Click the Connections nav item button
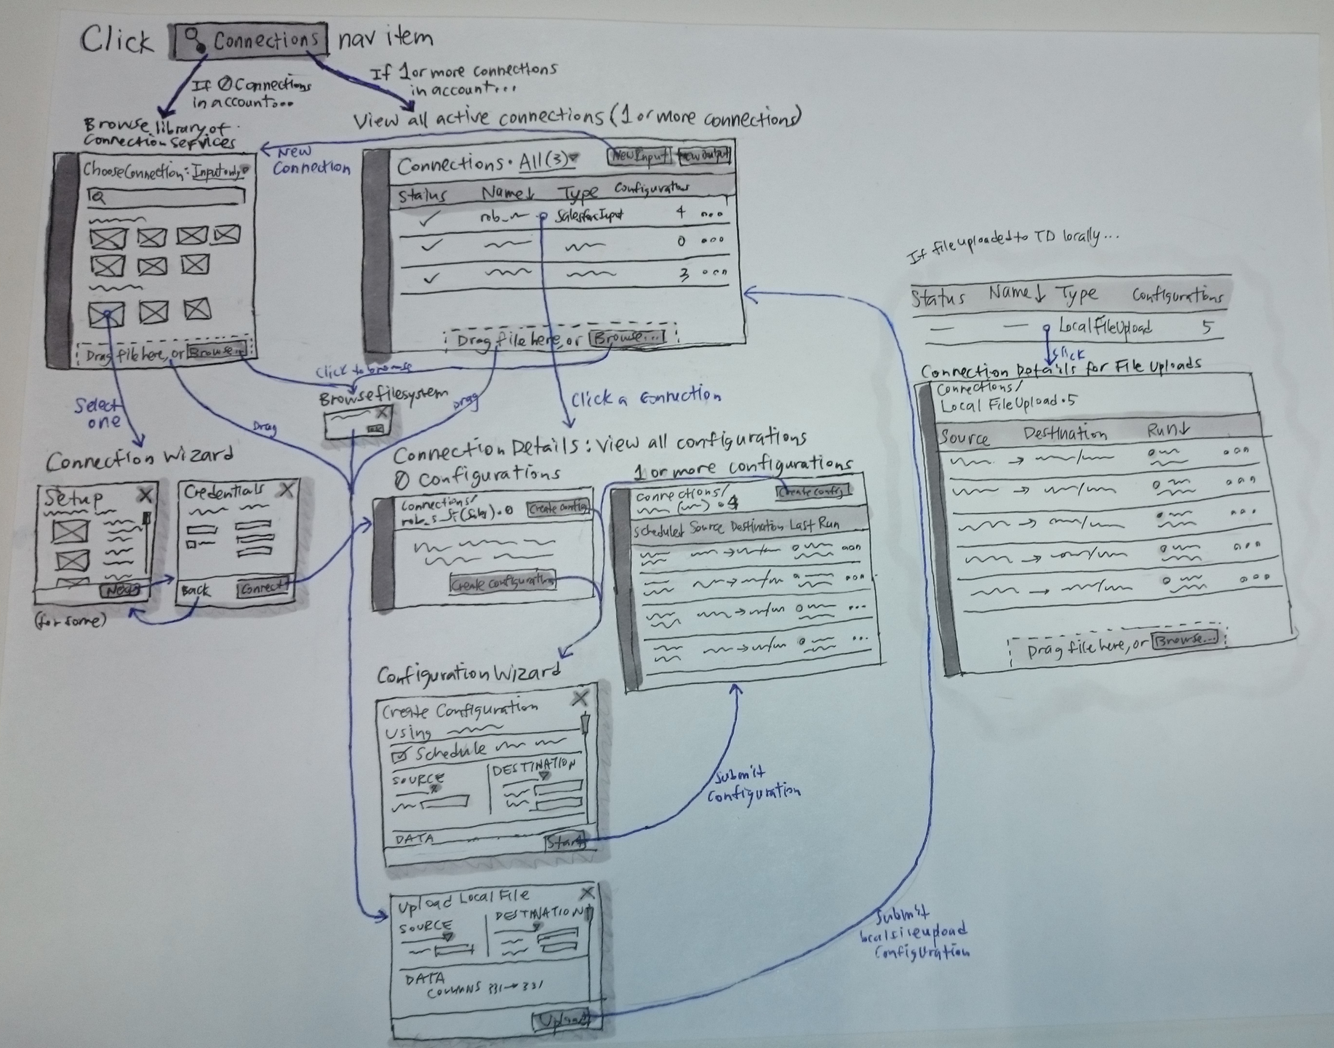250,41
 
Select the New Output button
703,155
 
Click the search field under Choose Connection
166,196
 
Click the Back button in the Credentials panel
196,590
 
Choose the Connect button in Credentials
263,587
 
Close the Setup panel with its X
145,496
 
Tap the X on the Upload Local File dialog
587,893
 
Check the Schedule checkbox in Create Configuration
399,755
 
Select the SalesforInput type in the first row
589,216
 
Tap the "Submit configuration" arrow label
754,784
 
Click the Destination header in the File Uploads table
1065,434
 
